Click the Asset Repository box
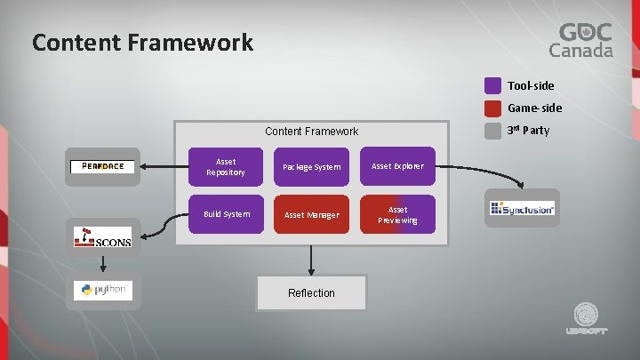226,166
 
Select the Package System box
311,166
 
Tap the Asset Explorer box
397,166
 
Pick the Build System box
226,214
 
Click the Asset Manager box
311,214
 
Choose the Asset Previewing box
397,214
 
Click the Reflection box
311,292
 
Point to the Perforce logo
103,166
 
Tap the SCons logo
103,238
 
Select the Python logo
103,290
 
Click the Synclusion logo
523,209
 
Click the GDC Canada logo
584,40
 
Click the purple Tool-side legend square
492,86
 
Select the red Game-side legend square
492,108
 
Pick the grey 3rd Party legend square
492,131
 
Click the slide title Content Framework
142,42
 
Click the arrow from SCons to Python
103,263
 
